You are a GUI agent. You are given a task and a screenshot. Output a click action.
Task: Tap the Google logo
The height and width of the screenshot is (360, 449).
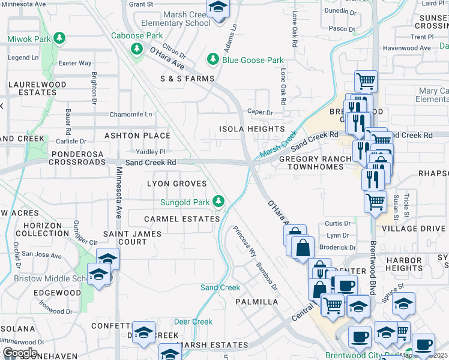19,353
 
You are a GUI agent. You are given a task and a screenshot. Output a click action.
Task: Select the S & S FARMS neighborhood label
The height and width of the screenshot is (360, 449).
187,79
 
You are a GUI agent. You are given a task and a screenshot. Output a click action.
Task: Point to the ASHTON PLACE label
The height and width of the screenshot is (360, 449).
137,136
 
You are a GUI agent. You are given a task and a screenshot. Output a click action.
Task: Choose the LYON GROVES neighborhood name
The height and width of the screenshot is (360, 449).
177,184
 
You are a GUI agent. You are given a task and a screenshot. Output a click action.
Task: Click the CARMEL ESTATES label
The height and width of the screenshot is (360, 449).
182,219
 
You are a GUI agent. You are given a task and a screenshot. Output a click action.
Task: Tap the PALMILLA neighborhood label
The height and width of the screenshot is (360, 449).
258,302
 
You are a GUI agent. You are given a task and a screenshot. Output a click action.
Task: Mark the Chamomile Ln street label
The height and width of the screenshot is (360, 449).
130,115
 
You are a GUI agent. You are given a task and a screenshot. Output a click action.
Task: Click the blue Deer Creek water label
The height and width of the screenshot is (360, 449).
193,322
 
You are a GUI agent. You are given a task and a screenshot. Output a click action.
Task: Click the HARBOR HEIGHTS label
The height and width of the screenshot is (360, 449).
405,264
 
